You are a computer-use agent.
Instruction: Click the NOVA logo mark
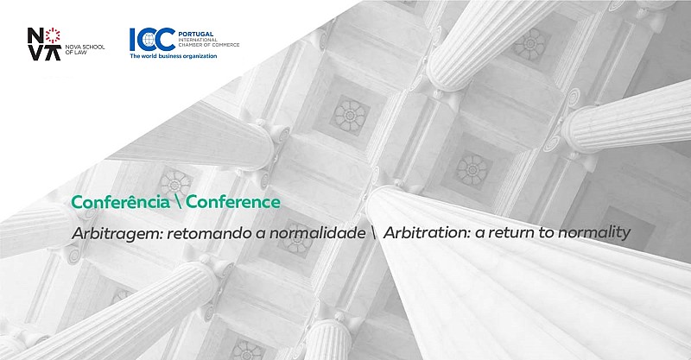(x=44, y=44)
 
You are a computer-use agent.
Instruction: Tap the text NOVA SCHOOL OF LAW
(x=85, y=50)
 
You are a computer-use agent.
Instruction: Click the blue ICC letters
(x=152, y=40)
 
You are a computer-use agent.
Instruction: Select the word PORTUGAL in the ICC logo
(x=195, y=34)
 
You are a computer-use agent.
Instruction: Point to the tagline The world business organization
(x=174, y=56)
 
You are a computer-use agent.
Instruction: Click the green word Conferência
(x=120, y=202)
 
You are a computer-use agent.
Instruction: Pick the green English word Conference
(x=233, y=202)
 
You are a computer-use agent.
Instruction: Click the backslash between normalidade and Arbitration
(x=374, y=232)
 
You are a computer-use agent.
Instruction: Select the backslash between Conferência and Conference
(x=178, y=203)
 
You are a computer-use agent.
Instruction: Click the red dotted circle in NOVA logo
(x=53, y=35)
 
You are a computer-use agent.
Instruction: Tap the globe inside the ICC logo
(x=149, y=40)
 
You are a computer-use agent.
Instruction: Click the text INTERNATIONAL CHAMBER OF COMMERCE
(x=208, y=42)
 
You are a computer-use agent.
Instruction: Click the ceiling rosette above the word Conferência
(x=175, y=183)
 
